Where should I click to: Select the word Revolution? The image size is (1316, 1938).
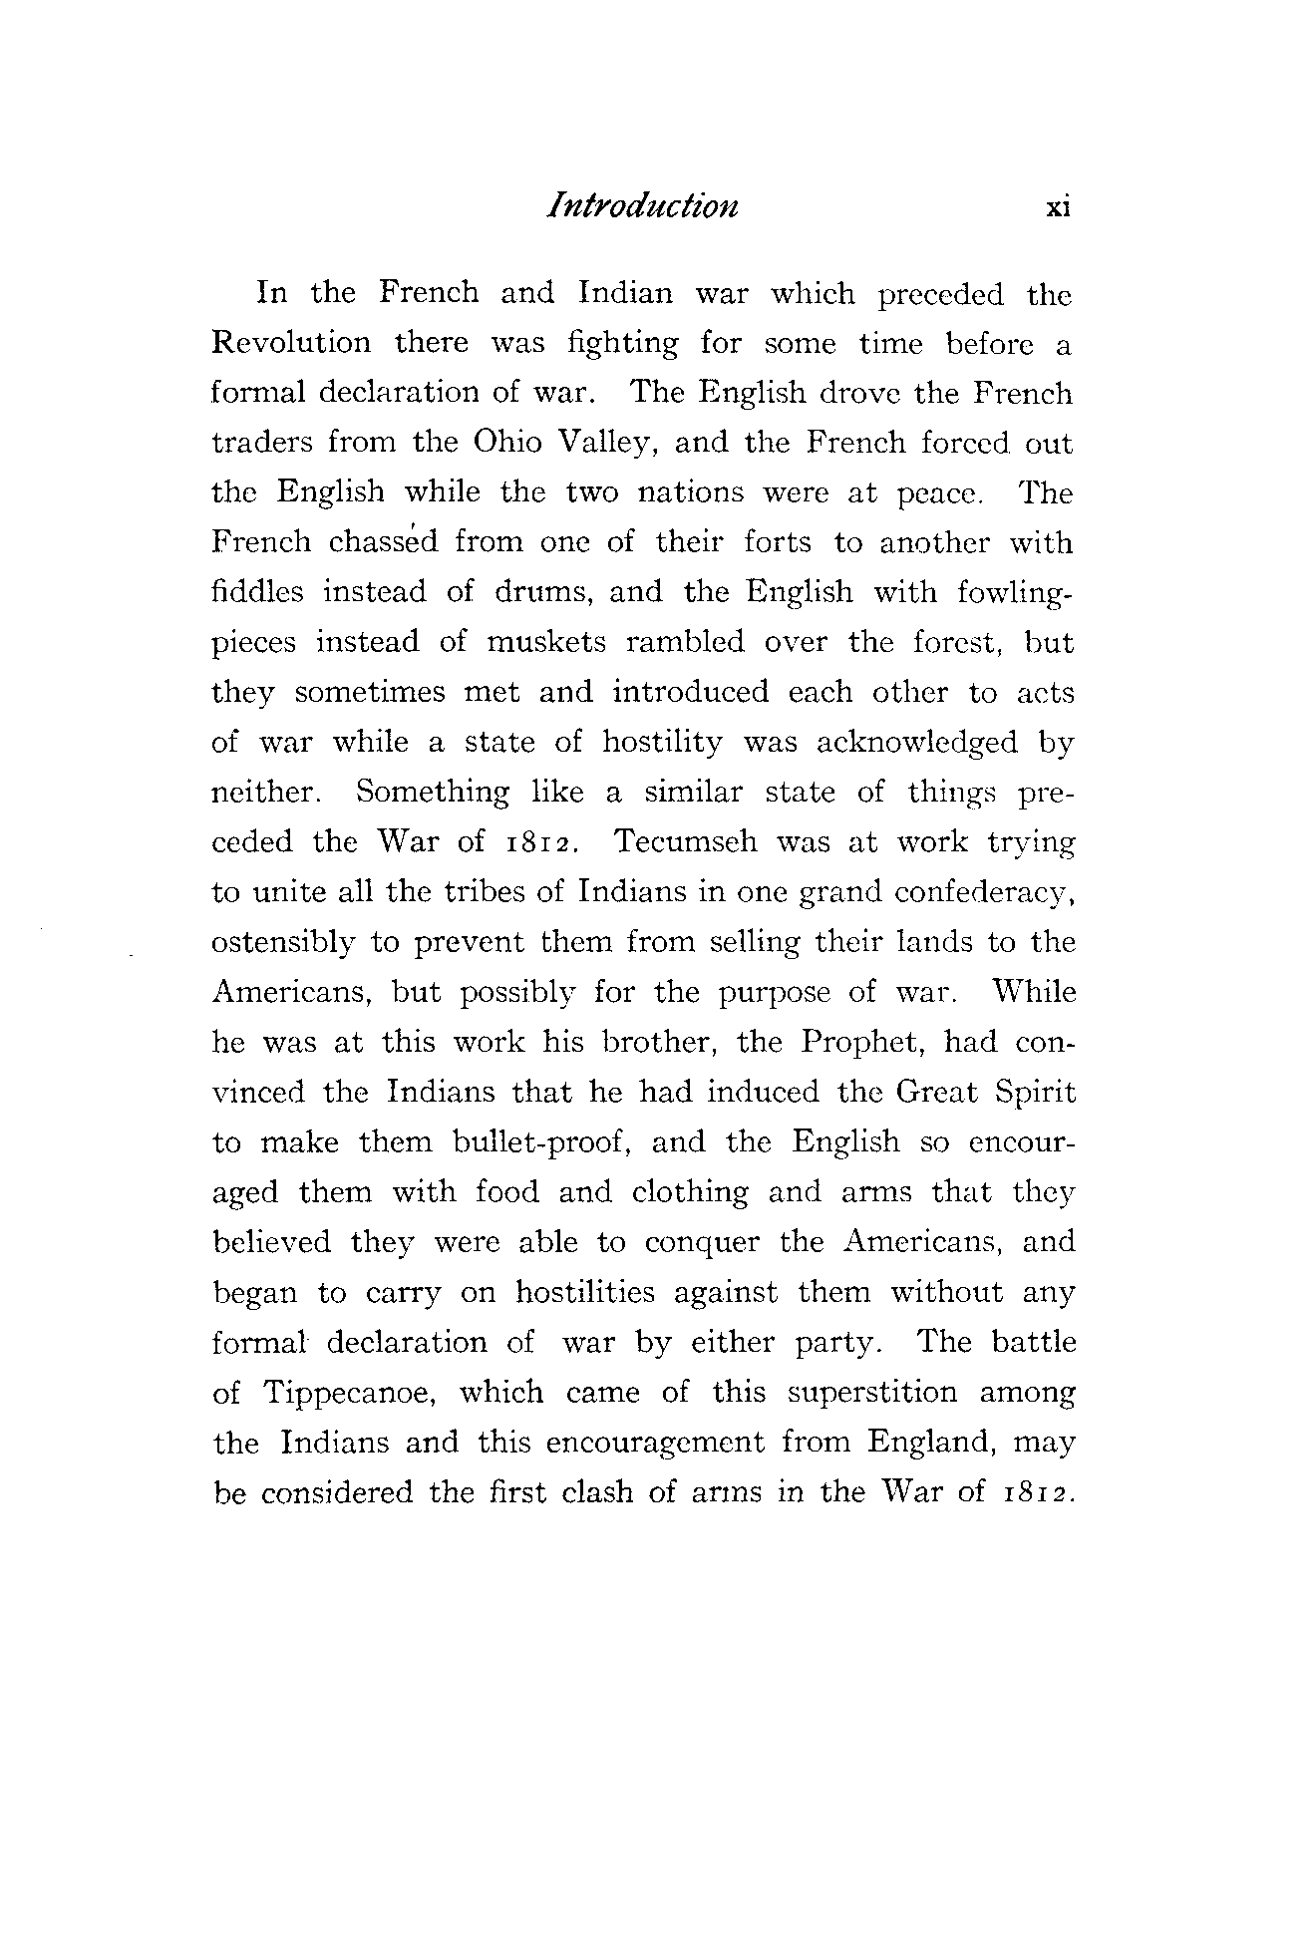291,343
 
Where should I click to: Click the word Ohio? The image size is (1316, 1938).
506,443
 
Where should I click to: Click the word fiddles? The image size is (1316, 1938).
257,592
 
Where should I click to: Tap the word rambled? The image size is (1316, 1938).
685,642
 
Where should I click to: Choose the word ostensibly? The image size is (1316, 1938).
283,943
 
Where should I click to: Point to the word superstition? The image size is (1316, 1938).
871,1393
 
